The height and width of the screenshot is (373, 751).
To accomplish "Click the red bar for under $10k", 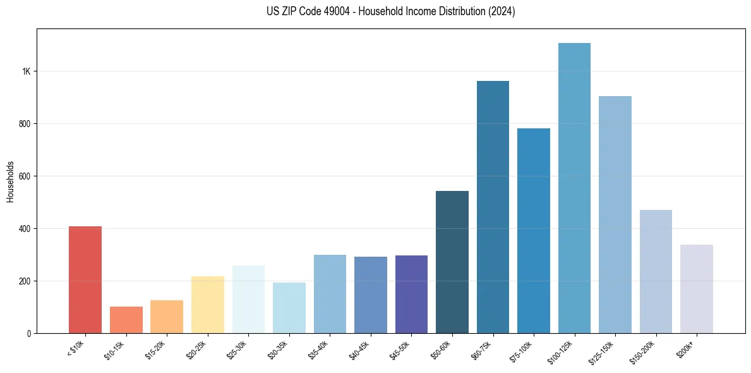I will pos(85,279).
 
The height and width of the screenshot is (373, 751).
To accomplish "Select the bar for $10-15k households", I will pos(126,320).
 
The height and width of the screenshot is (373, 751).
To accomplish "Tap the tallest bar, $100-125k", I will pos(574,188).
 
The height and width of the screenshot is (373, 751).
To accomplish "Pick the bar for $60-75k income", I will pos(493,207).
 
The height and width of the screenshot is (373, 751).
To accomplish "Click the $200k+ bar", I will pos(697,289).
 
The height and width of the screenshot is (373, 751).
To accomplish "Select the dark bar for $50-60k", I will pos(452,262).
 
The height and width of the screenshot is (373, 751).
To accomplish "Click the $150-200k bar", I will pos(656,271).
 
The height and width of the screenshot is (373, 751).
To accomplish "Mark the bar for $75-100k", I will pos(534,231).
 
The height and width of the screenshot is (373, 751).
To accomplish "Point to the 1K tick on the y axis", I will pos(27,71).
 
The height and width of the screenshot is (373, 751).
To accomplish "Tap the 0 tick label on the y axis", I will pos(29,333).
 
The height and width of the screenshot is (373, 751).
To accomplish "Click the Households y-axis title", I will pos(11,181).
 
